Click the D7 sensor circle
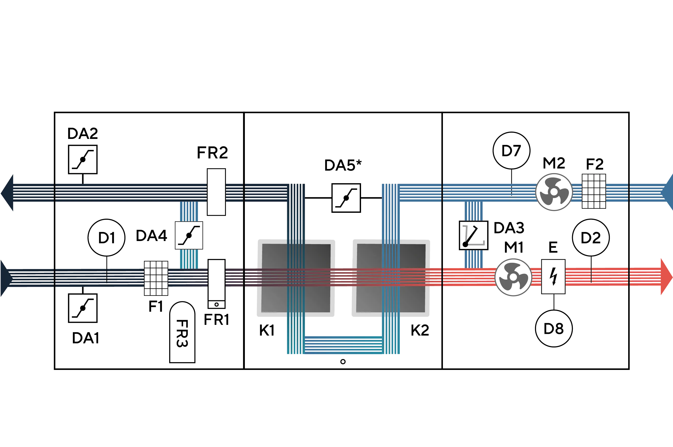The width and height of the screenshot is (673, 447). [511, 150]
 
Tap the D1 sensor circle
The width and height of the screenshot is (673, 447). [107, 238]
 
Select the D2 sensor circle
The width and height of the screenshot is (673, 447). [591, 238]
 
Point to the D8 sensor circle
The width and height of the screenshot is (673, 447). [554, 328]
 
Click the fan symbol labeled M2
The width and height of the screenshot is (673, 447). [554, 192]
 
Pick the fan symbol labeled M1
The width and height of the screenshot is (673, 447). [513, 277]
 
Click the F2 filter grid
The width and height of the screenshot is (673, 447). [594, 191]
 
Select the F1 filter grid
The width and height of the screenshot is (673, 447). [156, 278]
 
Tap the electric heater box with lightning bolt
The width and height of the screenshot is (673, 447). [553, 277]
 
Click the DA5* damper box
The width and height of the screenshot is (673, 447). [346, 198]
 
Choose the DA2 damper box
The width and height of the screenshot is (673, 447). [83, 159]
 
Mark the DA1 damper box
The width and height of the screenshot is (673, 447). [83, 308]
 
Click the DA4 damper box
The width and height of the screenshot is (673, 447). [189, 236]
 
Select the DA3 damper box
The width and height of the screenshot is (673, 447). [473, 236]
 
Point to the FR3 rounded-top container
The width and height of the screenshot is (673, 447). [182, 332]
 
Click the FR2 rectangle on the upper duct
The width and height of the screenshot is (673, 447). [216, 192]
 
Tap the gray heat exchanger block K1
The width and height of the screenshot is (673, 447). [296, 278]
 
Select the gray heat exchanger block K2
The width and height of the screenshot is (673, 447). [391, 278]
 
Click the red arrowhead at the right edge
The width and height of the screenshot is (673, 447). [666, 277]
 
